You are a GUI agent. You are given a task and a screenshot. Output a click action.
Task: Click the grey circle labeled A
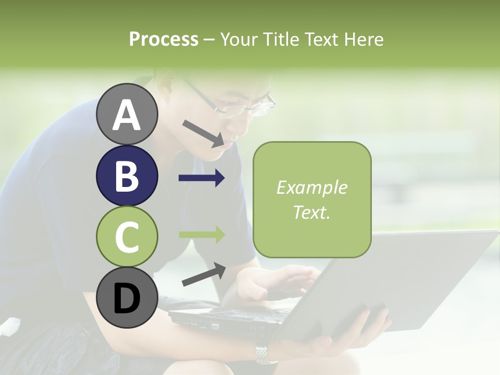coord(127,115)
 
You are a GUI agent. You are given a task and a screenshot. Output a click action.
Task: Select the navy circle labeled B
coord(127,176)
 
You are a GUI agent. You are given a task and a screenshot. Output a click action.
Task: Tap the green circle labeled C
coord(127,237)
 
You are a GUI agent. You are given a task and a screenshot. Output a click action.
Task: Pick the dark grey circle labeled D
coord(127,298)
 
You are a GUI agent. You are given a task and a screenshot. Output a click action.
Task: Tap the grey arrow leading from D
coord(204,274)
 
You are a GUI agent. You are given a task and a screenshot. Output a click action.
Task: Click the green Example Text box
coord(312,199)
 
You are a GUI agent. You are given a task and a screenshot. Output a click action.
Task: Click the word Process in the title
coord(164,39)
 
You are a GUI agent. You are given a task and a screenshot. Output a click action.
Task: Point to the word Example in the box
coord(312,187)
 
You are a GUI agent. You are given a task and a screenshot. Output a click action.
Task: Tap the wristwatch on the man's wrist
coord(266,354)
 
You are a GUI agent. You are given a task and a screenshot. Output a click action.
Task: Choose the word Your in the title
coord(239,39)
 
